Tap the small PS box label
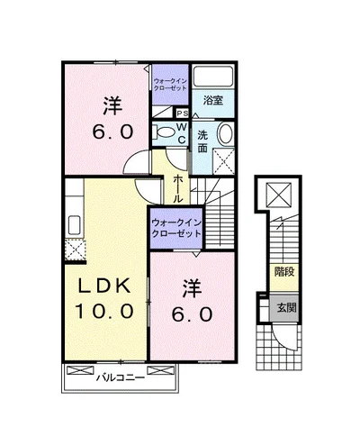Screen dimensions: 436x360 [181, 114]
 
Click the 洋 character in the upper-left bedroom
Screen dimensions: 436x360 [111, 104]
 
